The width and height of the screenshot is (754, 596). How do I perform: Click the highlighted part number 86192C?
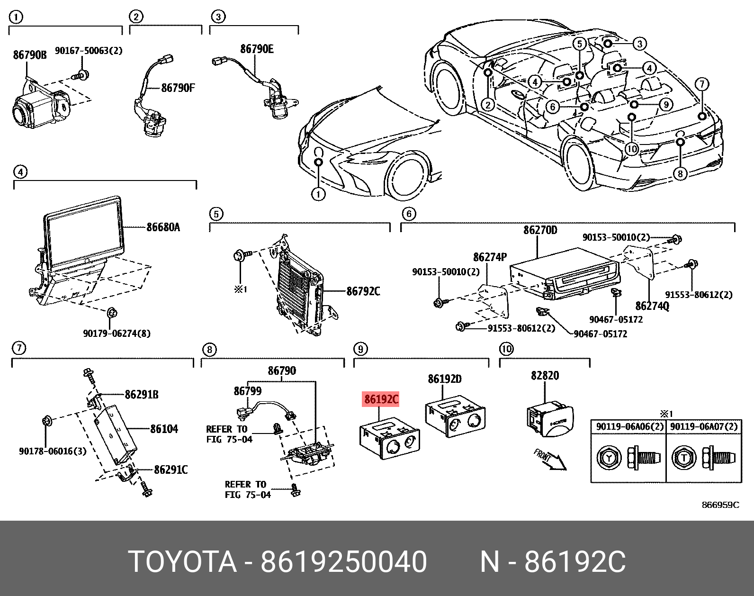point(381,399)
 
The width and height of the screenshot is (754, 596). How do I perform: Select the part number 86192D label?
point(444,379)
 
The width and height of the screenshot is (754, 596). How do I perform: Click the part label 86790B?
point(29,55)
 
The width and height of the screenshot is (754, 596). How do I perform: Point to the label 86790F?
point(178,88)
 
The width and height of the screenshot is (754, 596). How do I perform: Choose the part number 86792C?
point(363,291)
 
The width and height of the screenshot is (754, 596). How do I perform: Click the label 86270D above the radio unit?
point(540,230)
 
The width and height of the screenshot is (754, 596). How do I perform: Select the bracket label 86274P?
point(490,257)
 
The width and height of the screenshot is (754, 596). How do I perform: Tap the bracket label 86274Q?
point(652,306)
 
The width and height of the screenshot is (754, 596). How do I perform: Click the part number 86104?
point(164,429)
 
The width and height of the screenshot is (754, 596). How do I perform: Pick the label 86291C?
point(171,470)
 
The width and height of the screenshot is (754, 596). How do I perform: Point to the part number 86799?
point(247,391)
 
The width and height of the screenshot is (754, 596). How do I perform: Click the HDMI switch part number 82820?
point(545,375)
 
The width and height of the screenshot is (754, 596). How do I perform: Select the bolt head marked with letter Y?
point(609,458)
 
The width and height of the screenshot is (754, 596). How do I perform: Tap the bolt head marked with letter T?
point(683,458)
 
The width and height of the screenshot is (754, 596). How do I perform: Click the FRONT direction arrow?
point(550,459)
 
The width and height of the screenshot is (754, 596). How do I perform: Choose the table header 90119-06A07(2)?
point(704,426)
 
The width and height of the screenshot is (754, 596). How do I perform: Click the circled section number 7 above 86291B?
point(18,348)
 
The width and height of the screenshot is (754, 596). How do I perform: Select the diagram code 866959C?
point(720,505)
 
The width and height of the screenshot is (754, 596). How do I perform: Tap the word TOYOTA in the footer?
point(182,561)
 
